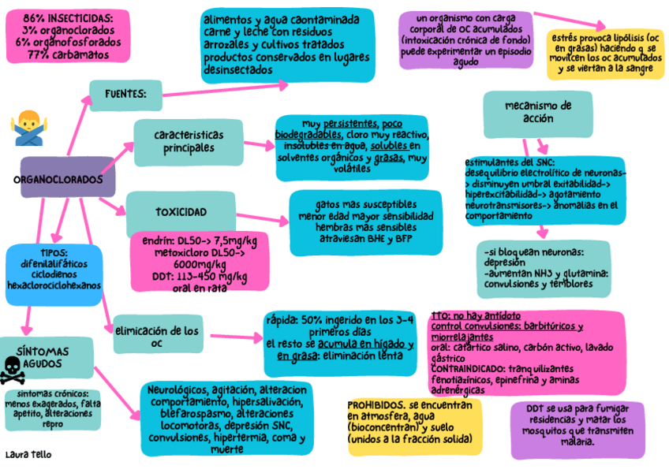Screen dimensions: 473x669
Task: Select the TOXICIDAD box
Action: (182, 212)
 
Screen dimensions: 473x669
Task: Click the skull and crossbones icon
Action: (13, 367)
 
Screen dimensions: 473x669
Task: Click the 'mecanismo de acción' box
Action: (537, 112)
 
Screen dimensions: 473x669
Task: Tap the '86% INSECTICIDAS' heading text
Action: (67, 17)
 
